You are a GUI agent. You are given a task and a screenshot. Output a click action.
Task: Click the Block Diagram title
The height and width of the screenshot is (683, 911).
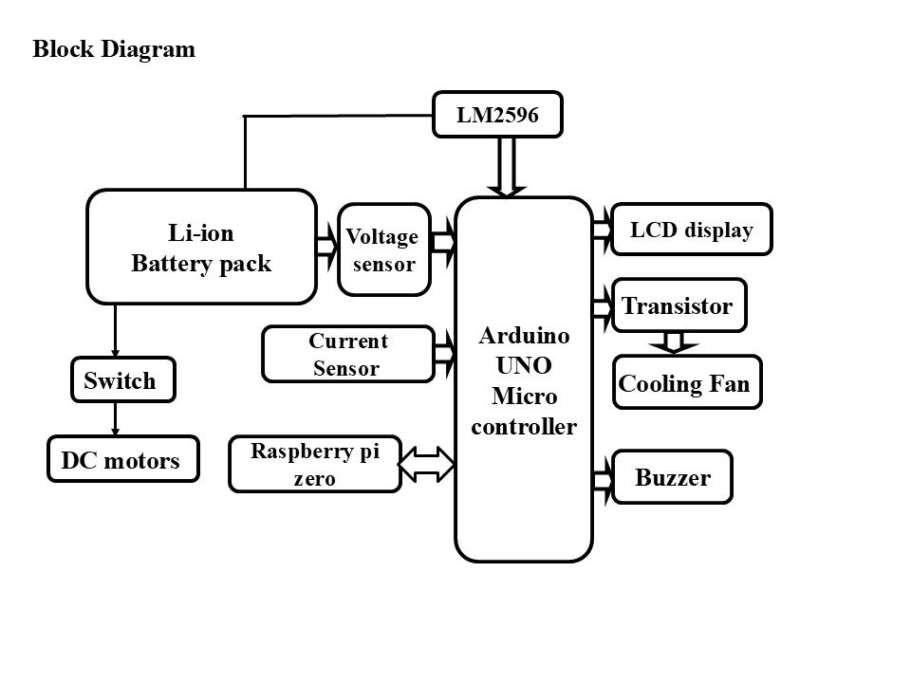point(114,49)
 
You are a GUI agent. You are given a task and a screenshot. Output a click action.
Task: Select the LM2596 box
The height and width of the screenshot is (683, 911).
point(497,116)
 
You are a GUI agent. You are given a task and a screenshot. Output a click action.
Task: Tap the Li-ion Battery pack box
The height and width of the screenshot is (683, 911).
point(201,247)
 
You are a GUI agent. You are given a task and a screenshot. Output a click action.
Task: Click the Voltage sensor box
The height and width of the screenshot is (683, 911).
point(383,250)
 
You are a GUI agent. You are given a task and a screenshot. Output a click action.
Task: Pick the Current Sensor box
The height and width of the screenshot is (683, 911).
point(347,355)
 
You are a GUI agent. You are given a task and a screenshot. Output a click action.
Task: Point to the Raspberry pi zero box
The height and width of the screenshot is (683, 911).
point(314,465)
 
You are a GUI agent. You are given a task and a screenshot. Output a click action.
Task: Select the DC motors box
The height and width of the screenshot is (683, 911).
point(123,461)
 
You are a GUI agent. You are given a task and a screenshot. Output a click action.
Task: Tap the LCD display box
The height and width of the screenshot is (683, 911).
point(691,230)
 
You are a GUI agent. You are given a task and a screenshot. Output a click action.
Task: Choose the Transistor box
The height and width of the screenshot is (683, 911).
point(679,305)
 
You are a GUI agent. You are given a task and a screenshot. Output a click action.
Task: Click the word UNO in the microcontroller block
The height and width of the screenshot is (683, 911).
point(524,365)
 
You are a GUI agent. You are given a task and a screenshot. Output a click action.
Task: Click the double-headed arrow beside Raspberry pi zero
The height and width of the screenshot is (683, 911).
point(427,464)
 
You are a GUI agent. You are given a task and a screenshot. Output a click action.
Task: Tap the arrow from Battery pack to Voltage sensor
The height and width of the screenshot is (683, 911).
point(326,246)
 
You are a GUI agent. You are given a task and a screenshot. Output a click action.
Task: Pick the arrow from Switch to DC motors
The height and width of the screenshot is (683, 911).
point(115,417)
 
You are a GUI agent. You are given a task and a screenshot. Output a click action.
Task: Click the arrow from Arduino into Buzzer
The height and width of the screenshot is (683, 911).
point(603,479)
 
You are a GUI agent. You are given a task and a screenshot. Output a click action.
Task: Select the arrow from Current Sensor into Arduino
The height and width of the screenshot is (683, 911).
point(444,353)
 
